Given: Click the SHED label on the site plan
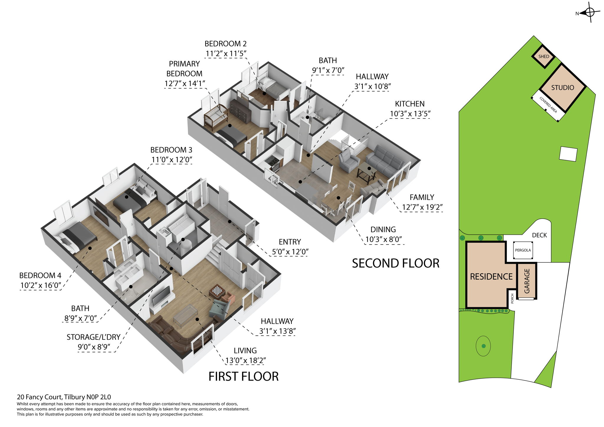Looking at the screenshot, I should coord(544,56).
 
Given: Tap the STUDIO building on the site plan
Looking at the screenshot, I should coord(562,88).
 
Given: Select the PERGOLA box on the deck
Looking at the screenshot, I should coord(523,250).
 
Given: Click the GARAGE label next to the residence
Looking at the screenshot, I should coord(527,281).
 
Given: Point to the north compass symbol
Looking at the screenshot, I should coord(589,12).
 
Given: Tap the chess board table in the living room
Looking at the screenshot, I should coord(217,291).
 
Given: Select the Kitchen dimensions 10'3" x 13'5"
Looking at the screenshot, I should coord(410,114).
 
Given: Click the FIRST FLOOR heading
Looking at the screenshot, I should coord(243,377).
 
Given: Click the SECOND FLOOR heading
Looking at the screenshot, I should coord(395,263).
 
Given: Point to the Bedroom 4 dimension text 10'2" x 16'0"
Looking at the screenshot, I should coord(40,285).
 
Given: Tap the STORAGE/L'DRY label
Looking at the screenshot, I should coord(93,337).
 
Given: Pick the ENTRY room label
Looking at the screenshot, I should coord(290,242).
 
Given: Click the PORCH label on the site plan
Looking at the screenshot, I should coord(512,298).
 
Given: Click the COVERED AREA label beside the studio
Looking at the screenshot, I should coord(548,105).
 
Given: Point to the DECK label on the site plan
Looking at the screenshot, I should coord(539,235).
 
